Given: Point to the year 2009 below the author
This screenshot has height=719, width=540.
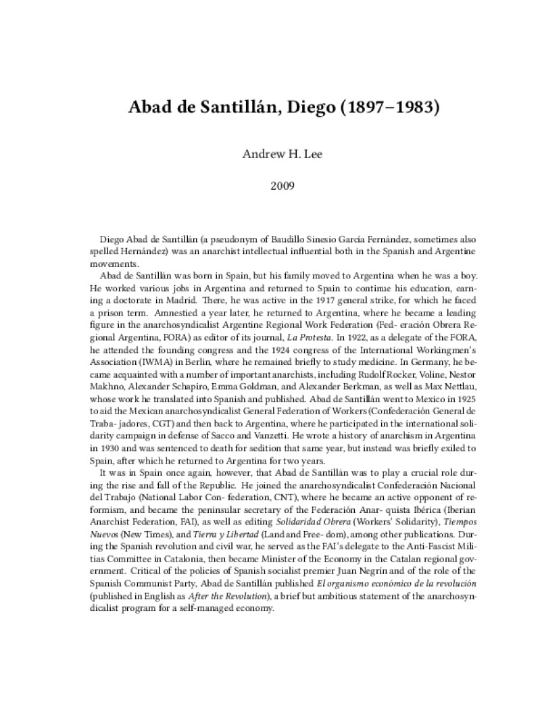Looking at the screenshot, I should pyautogui.click(x=270, y=183).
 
